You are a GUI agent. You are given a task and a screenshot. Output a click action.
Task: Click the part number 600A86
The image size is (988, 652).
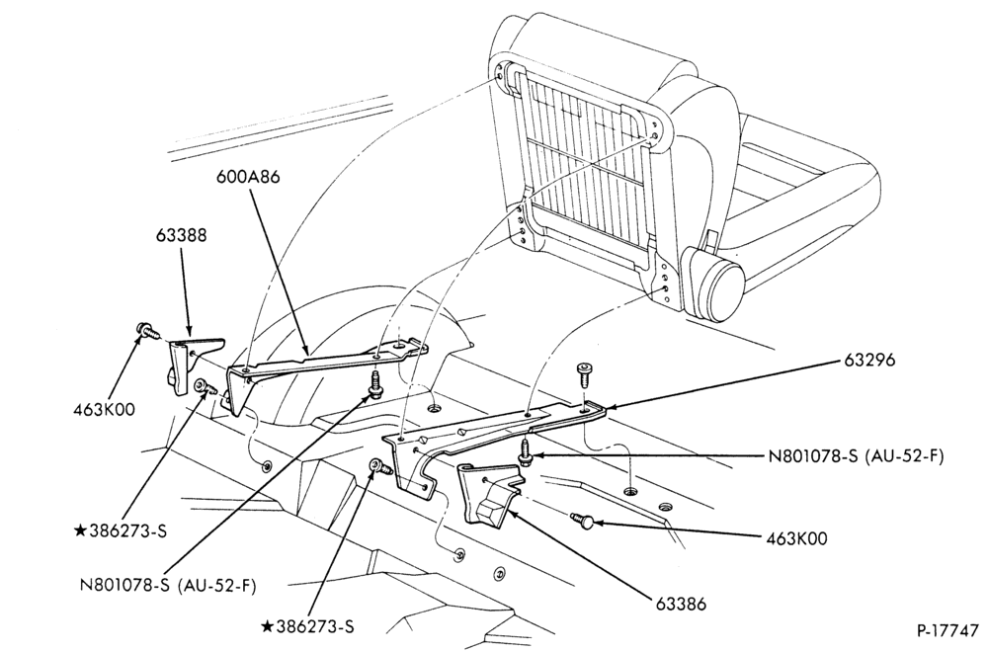pos(248,176)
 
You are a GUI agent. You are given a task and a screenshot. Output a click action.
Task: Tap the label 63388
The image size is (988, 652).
pos(182,235)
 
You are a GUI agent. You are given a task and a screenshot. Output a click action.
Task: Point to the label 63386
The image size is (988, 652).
pos(681,604)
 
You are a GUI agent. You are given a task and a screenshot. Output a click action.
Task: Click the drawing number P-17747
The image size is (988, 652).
pos(948,630)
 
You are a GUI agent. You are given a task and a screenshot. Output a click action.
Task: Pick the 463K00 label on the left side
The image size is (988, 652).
pos(104,409)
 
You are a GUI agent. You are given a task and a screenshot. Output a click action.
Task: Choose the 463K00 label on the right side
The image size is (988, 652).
pos(796,538)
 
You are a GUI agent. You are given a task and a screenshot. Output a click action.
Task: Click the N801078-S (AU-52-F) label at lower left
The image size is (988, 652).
pos(168,585)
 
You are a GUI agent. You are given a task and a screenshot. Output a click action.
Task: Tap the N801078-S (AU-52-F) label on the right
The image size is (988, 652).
pos(856,456)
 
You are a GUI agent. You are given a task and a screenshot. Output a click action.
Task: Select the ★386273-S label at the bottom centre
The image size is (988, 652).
pos(307,626)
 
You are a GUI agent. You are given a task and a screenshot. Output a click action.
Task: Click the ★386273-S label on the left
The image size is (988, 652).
pos(121,530)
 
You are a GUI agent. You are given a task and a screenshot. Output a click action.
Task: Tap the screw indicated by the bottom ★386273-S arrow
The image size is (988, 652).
pos(380,467)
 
